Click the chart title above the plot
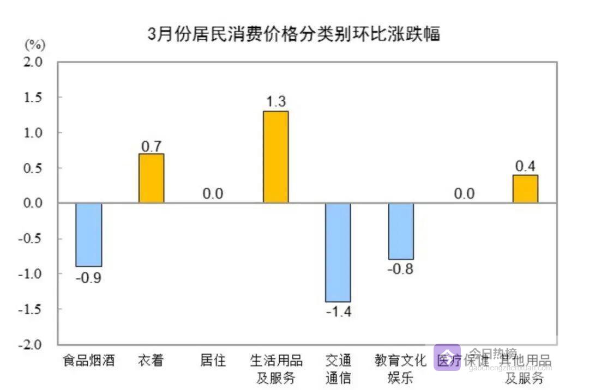[x=294, y=34]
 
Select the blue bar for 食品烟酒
[x=89, y=234]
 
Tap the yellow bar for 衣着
[x=151, y=178]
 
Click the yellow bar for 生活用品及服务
[x=275, y=157]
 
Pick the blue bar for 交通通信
[x=338, y=252]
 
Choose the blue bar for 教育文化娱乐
[x=401, y=231]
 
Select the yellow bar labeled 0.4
[x=525, y=188]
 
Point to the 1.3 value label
[x=275, y=102]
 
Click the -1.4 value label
[x=338, y=312]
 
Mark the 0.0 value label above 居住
[x=213, y=194]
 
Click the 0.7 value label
[x=151, y=145]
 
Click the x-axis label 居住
[x=213, y=360]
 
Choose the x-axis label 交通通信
[x=338, y=368]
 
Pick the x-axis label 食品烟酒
[x=89, y=360]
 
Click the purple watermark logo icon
[x=447, y=357]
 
